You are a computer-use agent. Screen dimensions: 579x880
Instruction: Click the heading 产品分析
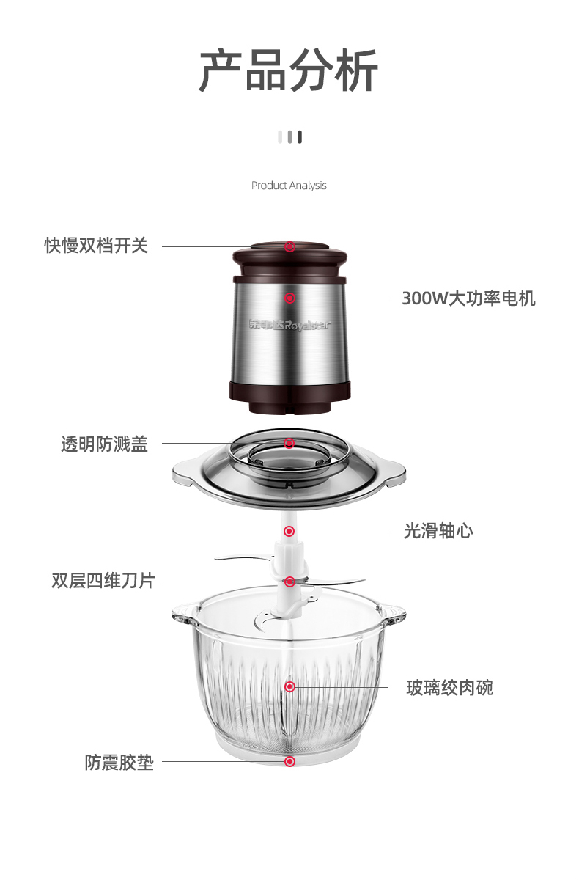pos(289,70)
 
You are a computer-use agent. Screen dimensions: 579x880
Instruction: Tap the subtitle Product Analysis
pos(289,186)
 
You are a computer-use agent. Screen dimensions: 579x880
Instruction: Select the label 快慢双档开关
pos(96,246)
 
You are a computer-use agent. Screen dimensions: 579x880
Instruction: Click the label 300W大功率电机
pos(468,298)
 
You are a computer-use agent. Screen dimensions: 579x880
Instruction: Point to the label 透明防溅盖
pos(104,444)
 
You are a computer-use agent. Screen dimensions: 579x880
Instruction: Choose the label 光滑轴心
pos(438,531)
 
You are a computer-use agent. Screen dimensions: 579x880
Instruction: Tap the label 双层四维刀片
pos(103,581)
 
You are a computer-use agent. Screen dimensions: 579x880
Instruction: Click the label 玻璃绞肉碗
pos(449,688)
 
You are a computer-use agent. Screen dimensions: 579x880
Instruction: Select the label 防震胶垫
pos(119,763)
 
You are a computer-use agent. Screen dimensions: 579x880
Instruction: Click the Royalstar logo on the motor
pos(290,324)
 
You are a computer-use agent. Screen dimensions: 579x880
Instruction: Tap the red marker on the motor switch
pos(289,246)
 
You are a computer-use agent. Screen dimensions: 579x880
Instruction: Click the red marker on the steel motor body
pos(289,298)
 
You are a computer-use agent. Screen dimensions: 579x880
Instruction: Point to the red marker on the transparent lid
pos(289,444)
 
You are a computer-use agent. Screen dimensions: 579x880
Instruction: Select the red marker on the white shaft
pos(289,531)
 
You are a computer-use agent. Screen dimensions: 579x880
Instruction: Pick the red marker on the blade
pos(289,582)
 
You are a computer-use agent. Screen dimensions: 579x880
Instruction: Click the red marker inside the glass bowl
pos(289,686)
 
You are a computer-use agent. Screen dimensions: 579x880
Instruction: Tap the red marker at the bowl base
pos(289,762)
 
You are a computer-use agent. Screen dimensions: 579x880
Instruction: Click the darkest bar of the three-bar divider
pos(300,137)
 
